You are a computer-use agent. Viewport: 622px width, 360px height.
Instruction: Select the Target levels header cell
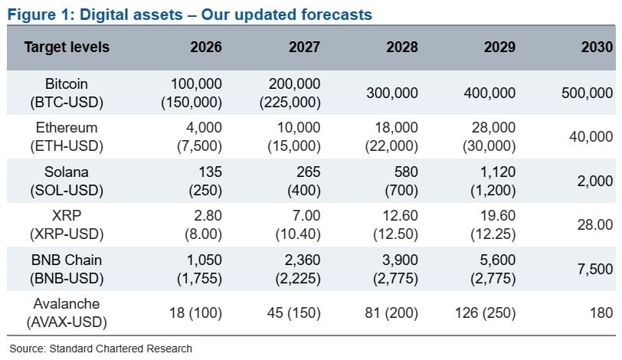point(67,47)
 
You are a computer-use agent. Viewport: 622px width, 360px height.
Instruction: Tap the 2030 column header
point(597,47)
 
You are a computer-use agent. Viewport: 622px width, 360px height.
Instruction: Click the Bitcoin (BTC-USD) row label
point(67,93)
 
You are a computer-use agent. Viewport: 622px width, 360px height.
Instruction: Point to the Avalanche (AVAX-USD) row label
point(67,313)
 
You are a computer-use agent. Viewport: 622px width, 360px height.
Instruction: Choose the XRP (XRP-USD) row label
point(67,224)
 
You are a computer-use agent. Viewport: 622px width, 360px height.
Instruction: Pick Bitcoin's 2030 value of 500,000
point(588,93)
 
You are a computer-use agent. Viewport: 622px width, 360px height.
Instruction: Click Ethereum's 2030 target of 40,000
point(591,136)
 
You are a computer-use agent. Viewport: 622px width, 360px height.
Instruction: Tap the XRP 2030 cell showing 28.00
point(596,224)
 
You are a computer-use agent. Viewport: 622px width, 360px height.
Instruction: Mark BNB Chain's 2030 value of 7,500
point(594,269)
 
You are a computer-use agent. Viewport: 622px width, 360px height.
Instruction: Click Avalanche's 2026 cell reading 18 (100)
point(195,313)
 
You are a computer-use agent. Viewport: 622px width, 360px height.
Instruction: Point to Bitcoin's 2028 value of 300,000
point(392,93)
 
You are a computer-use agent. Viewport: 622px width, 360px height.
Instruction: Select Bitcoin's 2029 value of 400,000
point(489,93)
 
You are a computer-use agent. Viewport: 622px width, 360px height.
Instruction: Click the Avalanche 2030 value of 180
point(601,313)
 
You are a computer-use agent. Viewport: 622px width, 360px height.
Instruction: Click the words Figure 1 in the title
point(38,14)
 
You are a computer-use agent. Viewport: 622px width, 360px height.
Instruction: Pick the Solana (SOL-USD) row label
point(67,181)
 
